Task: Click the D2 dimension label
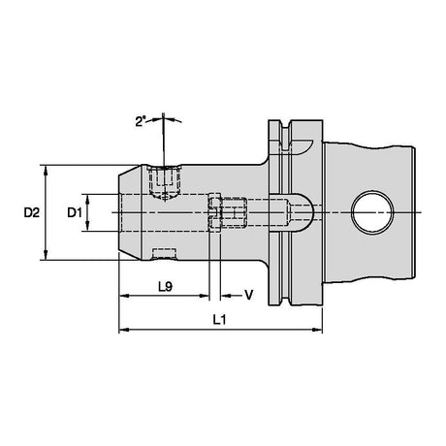click(x=32, y=212)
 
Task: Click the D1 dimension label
click(x=75, y=212)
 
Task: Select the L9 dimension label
click(x=166, y=286)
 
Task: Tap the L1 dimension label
click(x=219, y=320)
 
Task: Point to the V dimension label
click(x=248, y=295)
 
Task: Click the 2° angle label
click(x=140, y=122)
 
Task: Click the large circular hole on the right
click(x=372, y=212)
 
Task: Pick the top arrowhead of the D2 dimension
click(x=46, y=170)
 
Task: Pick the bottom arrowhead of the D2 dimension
click(x=46, y=255)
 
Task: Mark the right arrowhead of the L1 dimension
click(x=317, y=330)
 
